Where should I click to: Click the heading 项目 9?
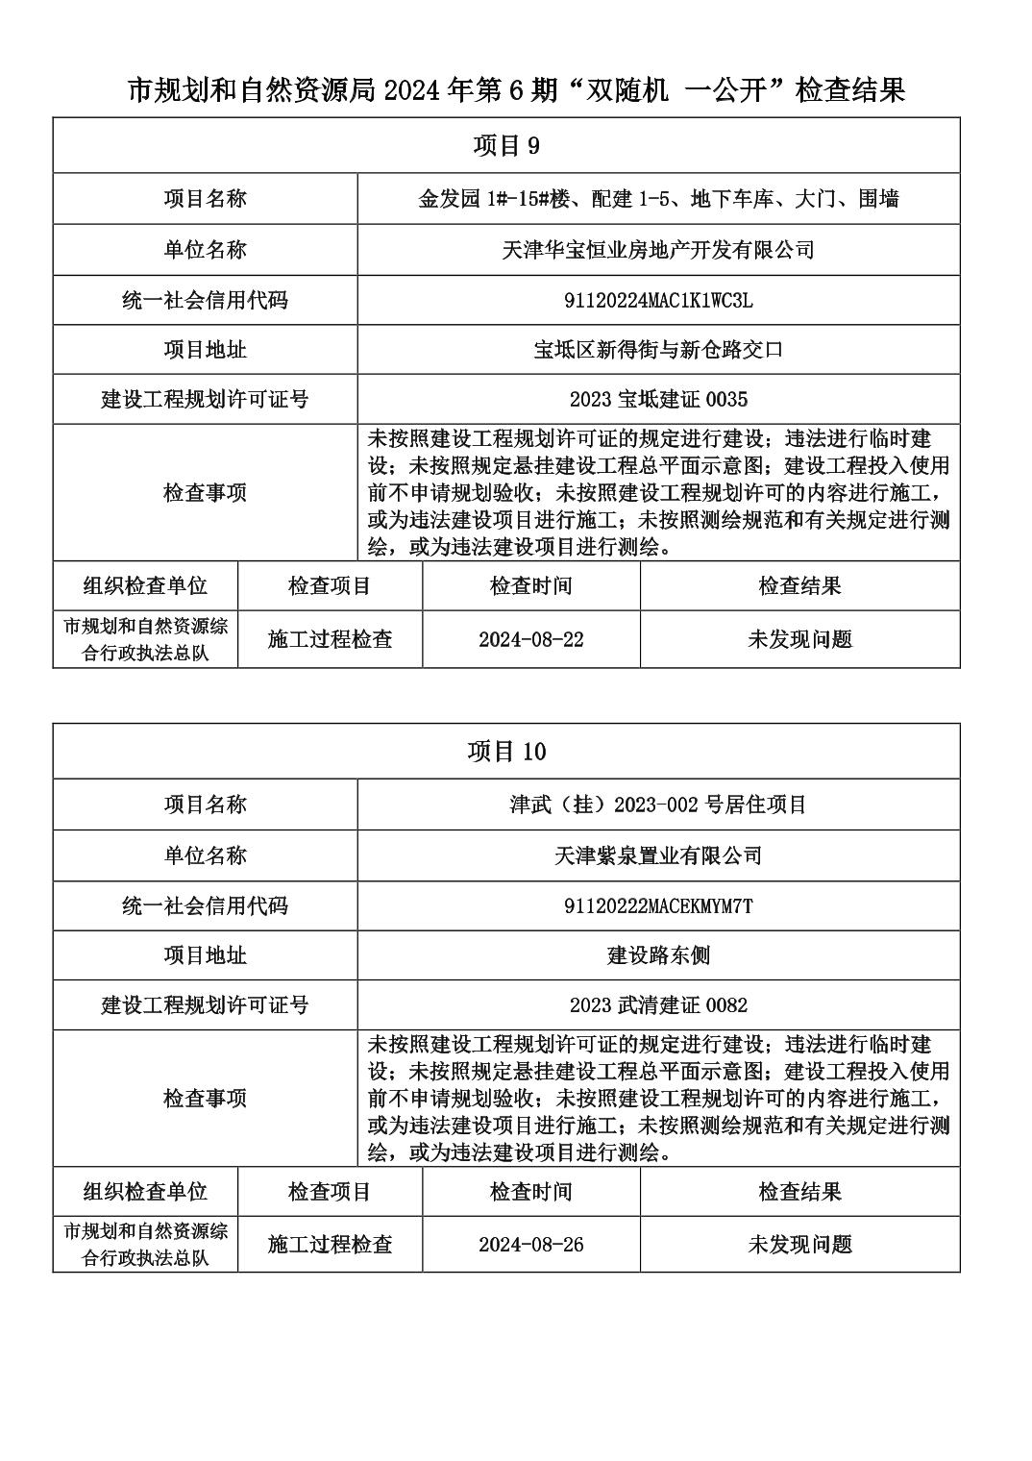(506, 146)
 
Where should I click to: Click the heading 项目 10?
(506, 752)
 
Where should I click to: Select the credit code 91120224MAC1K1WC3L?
(658, 301)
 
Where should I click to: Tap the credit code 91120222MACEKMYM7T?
(658, 906)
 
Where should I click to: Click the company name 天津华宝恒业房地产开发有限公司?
(658, 251)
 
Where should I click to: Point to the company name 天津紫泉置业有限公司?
(658, 855)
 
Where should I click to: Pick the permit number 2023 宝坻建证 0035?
(658, 399)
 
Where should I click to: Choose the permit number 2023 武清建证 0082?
(658, 1005)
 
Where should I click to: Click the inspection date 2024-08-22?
(530, 640)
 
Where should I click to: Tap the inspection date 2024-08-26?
(530, 1245)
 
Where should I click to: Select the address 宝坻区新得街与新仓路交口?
(658, 350)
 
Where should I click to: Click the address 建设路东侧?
(658, 955)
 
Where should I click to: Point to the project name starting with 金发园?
(658, 200)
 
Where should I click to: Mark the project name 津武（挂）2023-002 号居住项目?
(658, 805)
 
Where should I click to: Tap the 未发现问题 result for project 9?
(799, 640)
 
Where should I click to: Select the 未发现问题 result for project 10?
(799, 1245)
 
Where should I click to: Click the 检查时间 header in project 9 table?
(530, 586)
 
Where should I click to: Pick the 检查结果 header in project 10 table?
(799, 1192)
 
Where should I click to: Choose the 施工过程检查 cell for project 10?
(330, 1245)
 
